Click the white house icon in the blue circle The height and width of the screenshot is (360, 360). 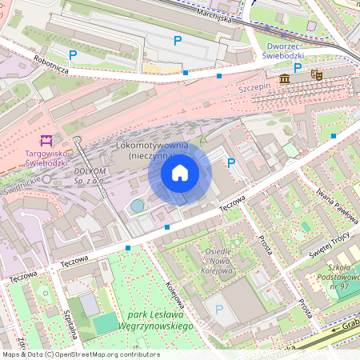[x=180, y=172]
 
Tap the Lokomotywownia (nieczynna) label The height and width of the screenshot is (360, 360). [x=152, y=151]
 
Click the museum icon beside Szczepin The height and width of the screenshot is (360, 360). [x=286, y=78]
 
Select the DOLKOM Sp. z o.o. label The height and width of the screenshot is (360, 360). [x=90, y=176]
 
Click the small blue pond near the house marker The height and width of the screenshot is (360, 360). [x=138, y=206]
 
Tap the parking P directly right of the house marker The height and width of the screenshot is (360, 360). [x=232, y=163]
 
